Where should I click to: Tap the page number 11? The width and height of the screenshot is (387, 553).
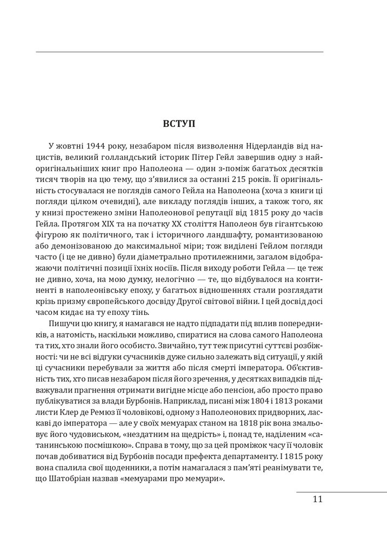(x=317, y=499)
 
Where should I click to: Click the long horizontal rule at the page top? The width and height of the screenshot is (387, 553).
(x=179, y=52)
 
